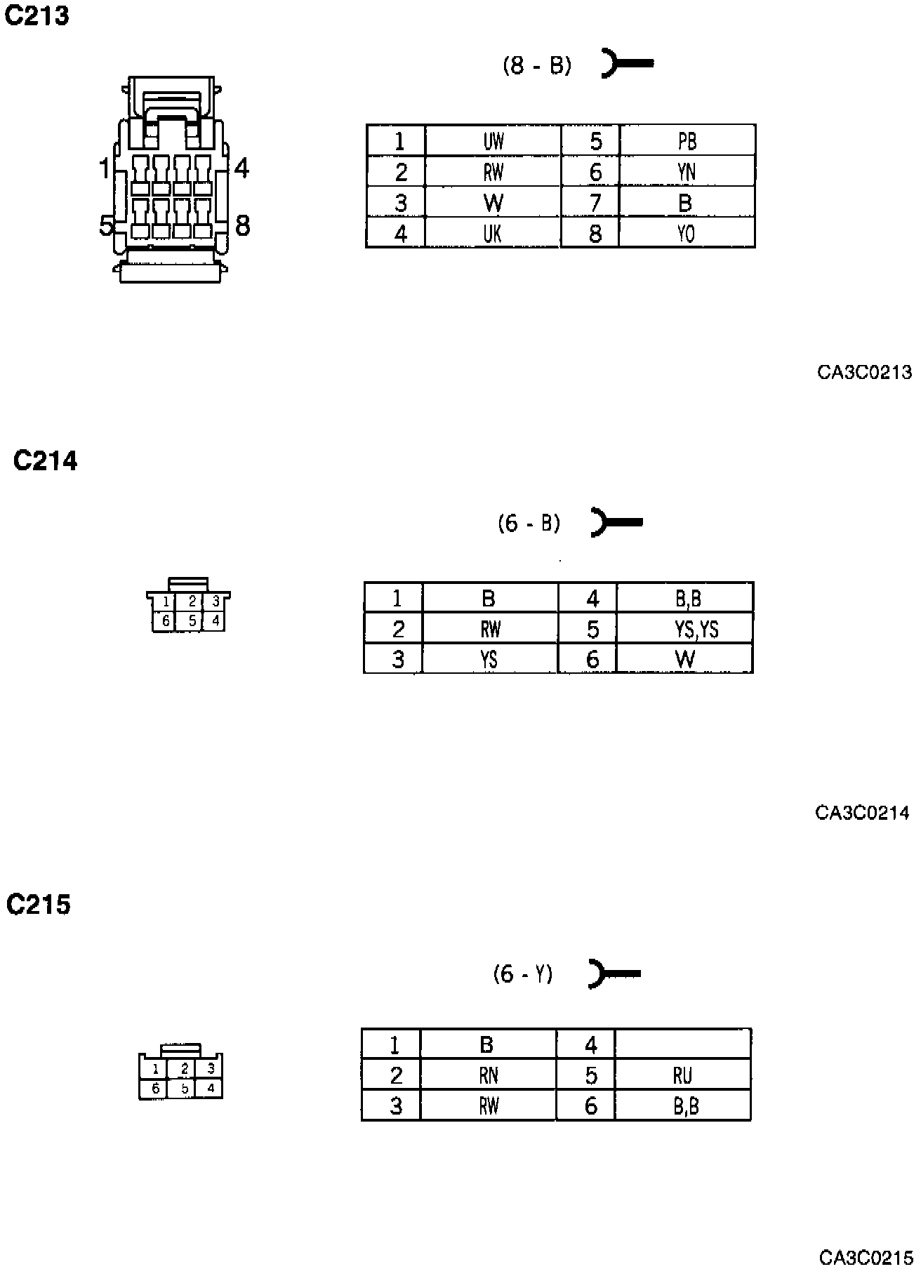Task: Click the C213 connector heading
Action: tap(37, 15)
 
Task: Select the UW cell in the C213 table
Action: tap(493, 141)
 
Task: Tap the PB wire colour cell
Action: tap(687, 141)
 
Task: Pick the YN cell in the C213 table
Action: tap(687, 172)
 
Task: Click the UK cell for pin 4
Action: tap(493, 233)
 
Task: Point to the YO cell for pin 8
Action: tap(687, 233)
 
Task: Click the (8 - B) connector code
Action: tap(537, 66)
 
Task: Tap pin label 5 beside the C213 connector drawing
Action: tap(106, 227)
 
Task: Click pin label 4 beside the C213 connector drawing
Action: tap(241, 168)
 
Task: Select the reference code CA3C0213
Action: tap(864, 372)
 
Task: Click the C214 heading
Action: tap(46, 461)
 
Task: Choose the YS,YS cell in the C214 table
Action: tap(696, 630)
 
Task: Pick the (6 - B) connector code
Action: tap(529, 524)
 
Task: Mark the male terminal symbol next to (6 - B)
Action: tap(616, 522)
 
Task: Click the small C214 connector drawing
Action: tap(189, 606)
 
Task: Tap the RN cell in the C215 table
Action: tap(488, 1075)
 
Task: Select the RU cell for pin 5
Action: tap(682, 1075)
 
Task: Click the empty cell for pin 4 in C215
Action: tap(682, 1044)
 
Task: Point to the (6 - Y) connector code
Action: tap(523, 974)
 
